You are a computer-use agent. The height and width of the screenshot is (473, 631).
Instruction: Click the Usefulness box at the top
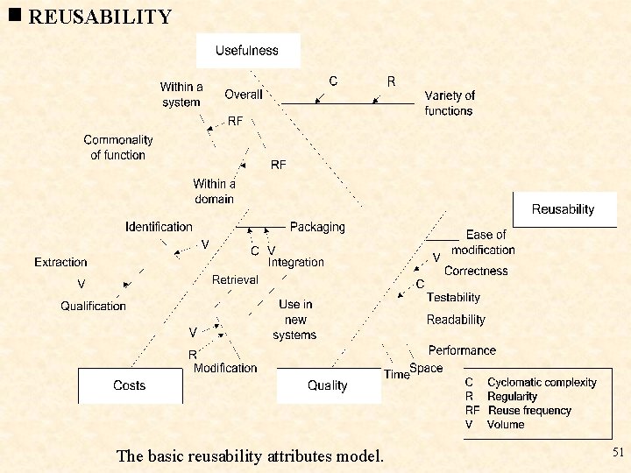pos(247,51)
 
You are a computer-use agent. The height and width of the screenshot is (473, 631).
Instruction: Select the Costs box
pos(130,385)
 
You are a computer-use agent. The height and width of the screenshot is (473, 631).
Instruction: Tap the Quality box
pos(328,385)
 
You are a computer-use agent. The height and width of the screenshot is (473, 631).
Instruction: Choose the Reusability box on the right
pos(563,209)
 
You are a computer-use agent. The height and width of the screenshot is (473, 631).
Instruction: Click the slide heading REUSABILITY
pos(100,17)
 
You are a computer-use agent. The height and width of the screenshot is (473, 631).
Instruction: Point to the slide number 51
pos(618,452)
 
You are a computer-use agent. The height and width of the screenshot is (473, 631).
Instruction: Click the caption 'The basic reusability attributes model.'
pos(250,455)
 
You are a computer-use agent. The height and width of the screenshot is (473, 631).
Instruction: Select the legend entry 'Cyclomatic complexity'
pos(542,383)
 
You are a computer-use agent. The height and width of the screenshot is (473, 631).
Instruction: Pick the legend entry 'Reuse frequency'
pos(529,411)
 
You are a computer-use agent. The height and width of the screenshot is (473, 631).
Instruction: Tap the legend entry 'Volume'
pos(506,425)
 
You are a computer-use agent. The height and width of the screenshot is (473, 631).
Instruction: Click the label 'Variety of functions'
pos(450,103)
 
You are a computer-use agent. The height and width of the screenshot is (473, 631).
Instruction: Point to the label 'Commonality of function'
pos(118,147)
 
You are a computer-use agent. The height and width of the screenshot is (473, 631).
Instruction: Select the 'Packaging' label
pos(317,227)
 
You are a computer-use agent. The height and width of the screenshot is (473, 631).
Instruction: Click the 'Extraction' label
pos(61,262)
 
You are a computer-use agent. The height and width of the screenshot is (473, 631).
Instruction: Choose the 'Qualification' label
pos(94,306)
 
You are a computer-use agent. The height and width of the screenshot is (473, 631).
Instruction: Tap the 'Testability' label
pos(454,298)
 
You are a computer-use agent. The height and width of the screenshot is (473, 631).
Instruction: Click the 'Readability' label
pos(456,320)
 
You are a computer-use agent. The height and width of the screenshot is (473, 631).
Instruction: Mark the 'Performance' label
pos(462,350)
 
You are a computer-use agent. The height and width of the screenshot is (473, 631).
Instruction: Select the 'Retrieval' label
pos(235,279)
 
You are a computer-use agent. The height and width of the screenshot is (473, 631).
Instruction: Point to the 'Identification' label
pos(159,227)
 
